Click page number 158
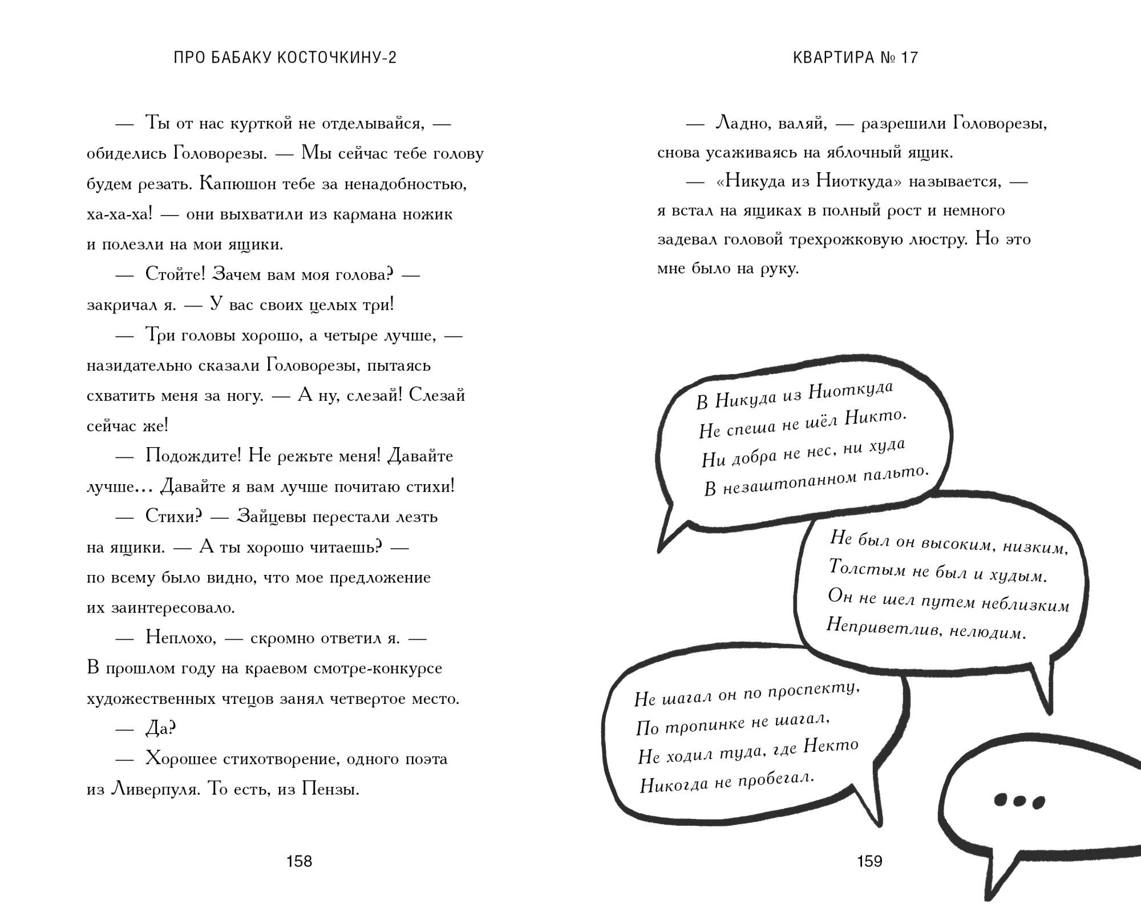coord(299,861)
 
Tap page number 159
coord(869,861)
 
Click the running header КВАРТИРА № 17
coord(855,58)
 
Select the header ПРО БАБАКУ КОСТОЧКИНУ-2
coord(285,58)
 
